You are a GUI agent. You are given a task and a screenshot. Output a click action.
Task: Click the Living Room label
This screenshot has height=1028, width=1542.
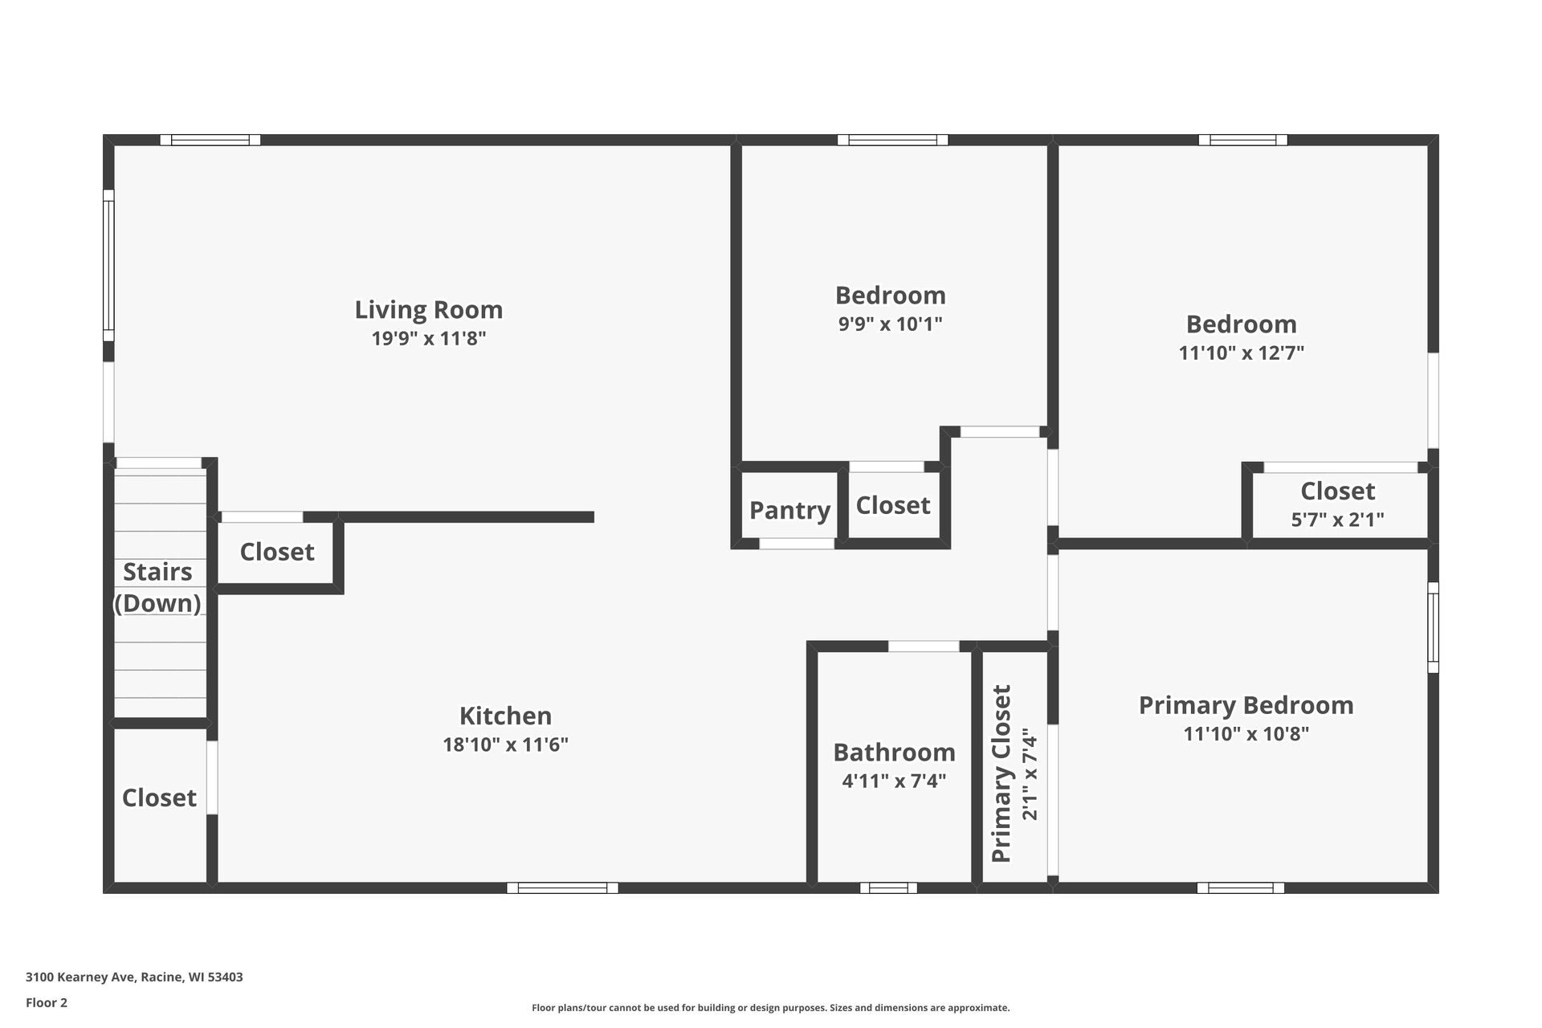(x=428, y=309)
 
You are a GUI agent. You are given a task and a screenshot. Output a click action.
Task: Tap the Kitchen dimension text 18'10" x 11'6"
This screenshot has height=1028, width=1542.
(x=505, y=744)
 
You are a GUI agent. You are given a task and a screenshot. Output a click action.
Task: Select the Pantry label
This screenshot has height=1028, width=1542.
(x=789, y=510)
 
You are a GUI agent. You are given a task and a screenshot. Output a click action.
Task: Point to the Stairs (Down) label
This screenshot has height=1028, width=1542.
(x=157, y=587)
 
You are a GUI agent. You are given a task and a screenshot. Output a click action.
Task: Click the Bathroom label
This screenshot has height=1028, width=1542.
(x=894, y=752)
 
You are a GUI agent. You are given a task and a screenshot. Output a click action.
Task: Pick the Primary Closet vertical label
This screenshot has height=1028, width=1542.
(x=1001, y=773)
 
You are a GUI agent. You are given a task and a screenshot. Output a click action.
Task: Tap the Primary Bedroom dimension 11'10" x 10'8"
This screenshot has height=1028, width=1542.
(x=1246, y=733)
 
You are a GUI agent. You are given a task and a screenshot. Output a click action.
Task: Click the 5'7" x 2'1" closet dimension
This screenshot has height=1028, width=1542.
(x=1337, y=520)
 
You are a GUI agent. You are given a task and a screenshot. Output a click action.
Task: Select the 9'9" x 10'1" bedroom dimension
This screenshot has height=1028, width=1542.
(x=890, y=324)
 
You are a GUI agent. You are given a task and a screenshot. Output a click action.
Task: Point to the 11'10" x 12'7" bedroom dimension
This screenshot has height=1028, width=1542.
(x=1241, y=353)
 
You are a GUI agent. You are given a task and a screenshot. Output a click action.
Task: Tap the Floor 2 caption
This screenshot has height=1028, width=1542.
(x=47, y=1002)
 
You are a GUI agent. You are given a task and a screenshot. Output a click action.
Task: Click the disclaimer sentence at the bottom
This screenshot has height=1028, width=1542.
(x=770, y=1008)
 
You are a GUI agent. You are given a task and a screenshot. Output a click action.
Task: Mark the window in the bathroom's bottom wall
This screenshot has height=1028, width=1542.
(x=888, y=887)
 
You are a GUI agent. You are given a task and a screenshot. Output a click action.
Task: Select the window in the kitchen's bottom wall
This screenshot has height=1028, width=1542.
(x=562, y=887)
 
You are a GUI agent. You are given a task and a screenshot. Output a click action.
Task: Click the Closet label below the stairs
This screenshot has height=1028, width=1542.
(x=159, y=798)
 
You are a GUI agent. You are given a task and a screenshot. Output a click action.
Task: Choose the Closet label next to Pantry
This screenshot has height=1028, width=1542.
(x=892, y=505)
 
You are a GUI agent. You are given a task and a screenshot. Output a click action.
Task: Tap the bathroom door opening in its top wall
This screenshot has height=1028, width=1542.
(x=924, y=647)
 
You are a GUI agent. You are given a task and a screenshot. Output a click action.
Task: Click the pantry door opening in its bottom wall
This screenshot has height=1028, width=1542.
(x=797, y=544)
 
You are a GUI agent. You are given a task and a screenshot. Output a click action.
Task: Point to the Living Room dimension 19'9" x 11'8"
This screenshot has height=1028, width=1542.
(x=428, y=338)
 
